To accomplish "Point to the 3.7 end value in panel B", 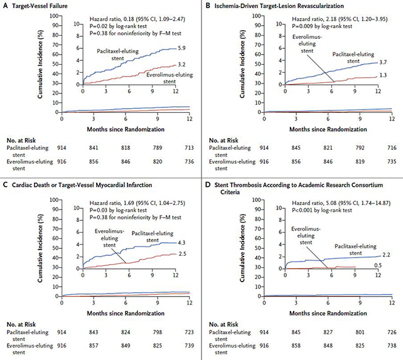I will tap(384, 62).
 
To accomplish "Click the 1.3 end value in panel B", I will tap(384, 75).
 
